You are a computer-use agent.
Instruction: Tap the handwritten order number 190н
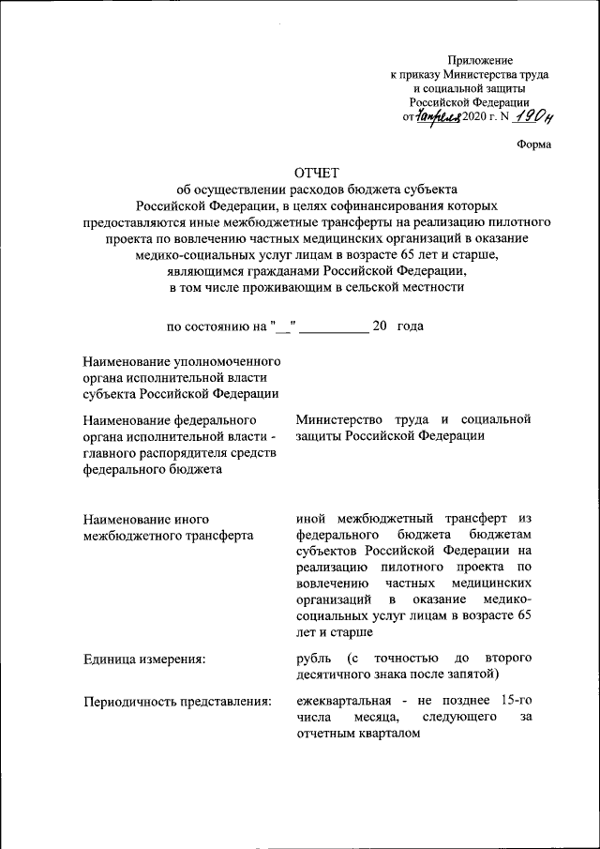coord(535,115)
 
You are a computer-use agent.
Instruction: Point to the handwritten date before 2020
coord(436,116)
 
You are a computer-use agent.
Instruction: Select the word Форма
coord(533,144)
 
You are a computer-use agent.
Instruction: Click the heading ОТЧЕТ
coord(315,173)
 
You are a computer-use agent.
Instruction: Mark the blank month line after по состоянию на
coord(334,326)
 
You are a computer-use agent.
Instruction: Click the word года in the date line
coord(410,326)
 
